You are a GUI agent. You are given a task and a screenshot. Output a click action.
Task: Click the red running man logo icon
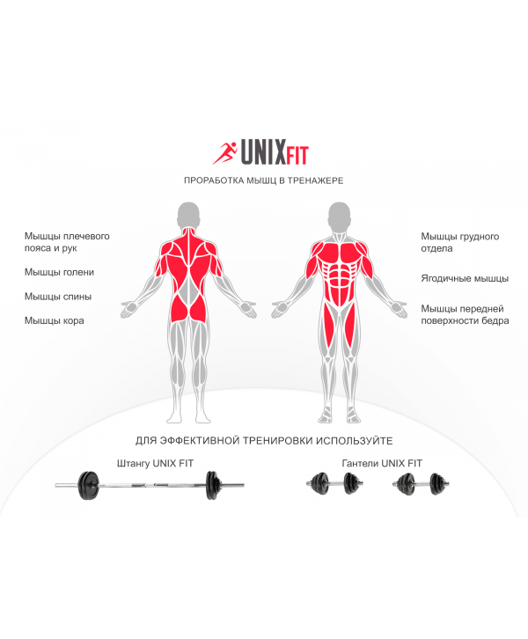click(224, 153)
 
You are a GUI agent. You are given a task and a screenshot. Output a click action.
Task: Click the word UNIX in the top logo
click(263, 151)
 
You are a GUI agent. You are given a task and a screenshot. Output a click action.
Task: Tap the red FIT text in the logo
click(297, 155)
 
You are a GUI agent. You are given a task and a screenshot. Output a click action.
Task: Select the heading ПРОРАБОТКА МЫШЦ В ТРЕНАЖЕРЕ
click(264, 180)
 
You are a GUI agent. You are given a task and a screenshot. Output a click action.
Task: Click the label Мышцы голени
click(59, 272)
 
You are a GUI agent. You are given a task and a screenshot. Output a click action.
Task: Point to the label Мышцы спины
click(58, 297)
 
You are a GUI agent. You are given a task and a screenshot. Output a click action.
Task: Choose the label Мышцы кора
click(55, 320)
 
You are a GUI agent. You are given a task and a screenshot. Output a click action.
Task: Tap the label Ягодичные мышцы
click(465, 278)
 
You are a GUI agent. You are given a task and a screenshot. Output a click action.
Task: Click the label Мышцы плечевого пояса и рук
click(67, 242)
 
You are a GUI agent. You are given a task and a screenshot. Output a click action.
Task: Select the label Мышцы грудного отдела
click(460, 242)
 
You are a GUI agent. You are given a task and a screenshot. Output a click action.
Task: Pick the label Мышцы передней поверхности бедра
click(465, 314)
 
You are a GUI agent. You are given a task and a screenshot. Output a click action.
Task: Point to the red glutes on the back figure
click(188, 308)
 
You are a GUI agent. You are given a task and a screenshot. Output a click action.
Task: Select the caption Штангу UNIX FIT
click(155, 463)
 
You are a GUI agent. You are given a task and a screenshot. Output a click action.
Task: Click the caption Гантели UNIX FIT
click(382, 463)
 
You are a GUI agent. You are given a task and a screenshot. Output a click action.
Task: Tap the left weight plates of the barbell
click(88, 485)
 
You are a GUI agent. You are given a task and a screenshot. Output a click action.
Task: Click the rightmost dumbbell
click(421, 484)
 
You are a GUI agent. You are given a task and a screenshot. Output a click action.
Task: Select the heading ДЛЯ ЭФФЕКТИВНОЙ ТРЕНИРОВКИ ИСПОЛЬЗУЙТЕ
click(264, 441)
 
